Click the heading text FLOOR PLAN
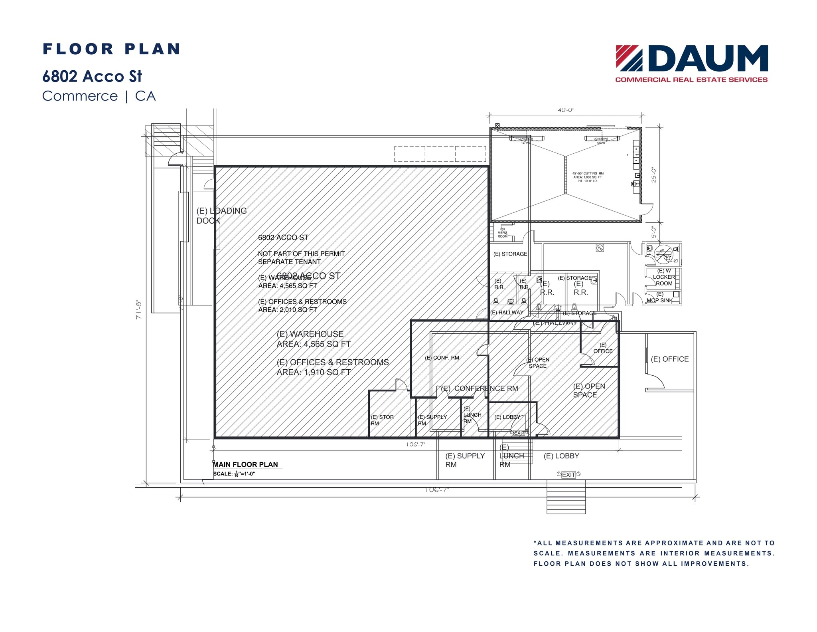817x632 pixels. click(111, 49)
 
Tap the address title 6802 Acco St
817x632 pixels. click(92, 76)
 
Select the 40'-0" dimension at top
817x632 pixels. click(565, 110)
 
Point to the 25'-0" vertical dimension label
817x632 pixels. click(653, 174)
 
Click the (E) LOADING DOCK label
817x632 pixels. click(221, 215)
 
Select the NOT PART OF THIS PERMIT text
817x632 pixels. click(301, 254)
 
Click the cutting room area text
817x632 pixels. click(588, 177)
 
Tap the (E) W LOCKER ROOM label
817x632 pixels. click(664, 277)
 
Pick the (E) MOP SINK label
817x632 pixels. click(659, 297)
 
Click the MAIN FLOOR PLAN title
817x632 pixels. click(245, 464)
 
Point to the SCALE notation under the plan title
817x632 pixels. click(234, 474)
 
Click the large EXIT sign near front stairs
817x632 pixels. click(568, 475)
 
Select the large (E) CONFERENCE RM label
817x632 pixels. click(480, 388)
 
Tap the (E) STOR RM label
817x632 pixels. click(382, 420)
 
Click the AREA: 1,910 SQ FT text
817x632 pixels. click(314, 372)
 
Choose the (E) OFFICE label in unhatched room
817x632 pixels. click(669, 359)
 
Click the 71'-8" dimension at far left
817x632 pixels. click(139, 309)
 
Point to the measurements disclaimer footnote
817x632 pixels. click(654, 553)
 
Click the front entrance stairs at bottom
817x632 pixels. click(566, 497)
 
